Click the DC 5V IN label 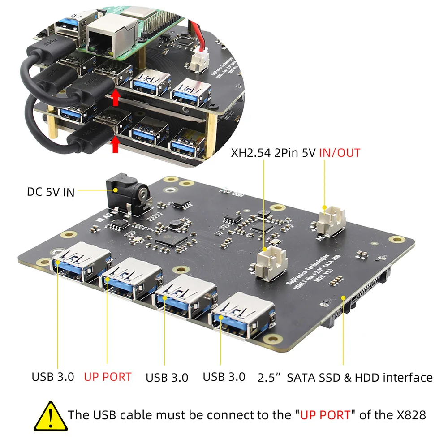coord(50,192)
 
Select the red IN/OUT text coord(340,153)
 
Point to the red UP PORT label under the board coord(108,377)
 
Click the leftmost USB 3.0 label coord(52,377)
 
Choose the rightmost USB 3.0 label coord(224,377)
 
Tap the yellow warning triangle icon coord(51,415)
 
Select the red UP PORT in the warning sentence coord(325,415)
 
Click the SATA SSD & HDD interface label coord(345,377)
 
